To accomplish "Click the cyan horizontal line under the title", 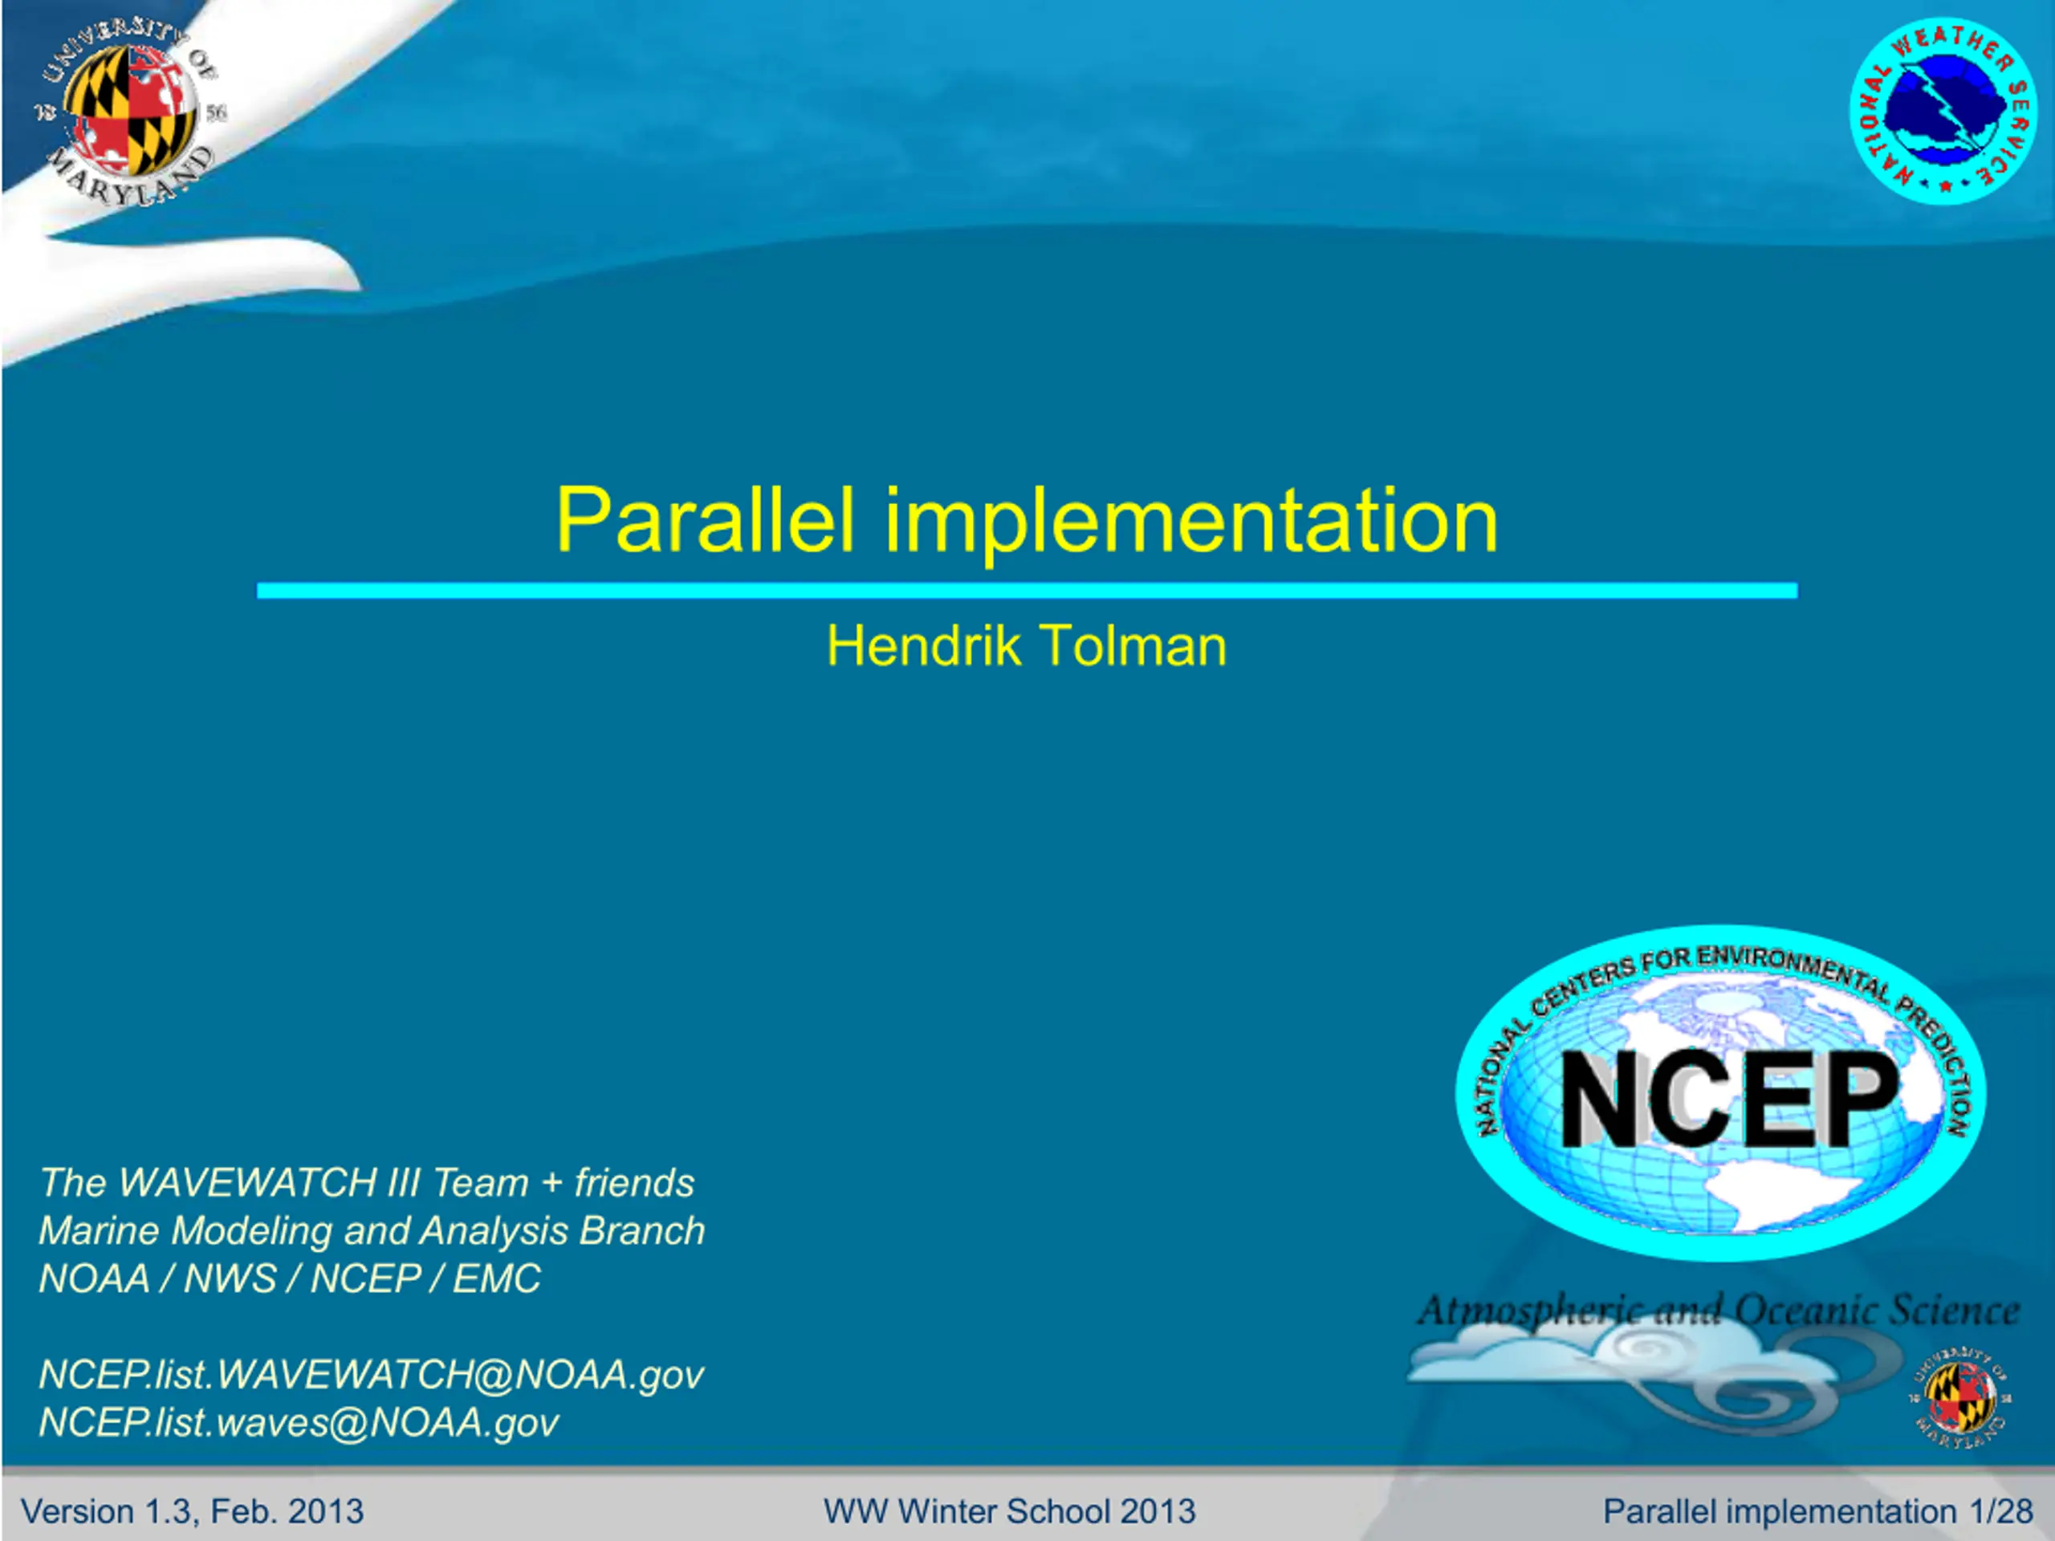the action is point(1027,591).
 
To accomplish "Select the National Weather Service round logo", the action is point(1943,111).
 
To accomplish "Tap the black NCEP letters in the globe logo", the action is point(1729,1100).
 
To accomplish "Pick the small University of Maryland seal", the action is point(1959,1396).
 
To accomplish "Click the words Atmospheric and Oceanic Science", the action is point(1718,1311).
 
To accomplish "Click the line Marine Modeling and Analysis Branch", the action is point(372,1230).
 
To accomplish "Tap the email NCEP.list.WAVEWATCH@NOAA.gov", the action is point(372,1375).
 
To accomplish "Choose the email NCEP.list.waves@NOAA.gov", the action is point(299,1423).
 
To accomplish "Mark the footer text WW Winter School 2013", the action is point(1010,1511).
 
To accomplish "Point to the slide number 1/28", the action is point(2001,1511).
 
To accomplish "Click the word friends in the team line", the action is point(634,1183).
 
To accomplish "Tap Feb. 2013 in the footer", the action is point(287,1511).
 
